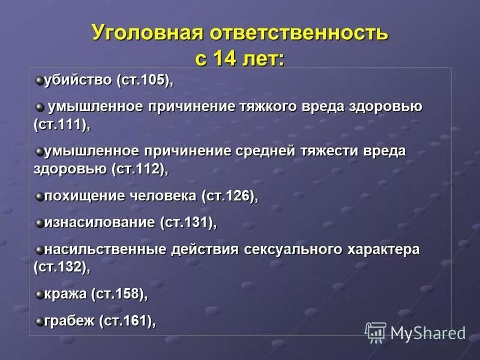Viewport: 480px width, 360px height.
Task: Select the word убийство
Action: tap(78, 80)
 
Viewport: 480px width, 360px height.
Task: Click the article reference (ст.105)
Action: tap(144, 80)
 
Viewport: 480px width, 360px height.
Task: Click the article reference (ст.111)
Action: tap(61, 125)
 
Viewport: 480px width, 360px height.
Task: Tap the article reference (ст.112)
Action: tap(139, 169)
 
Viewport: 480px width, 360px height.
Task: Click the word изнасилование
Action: tap(100, 223)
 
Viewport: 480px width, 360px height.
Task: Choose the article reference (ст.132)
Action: tap(61, 267)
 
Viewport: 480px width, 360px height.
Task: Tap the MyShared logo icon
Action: tap(376, 332)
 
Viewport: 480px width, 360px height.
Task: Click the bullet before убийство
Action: tap(39, 80)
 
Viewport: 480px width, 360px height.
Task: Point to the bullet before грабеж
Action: tap(39, 321)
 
